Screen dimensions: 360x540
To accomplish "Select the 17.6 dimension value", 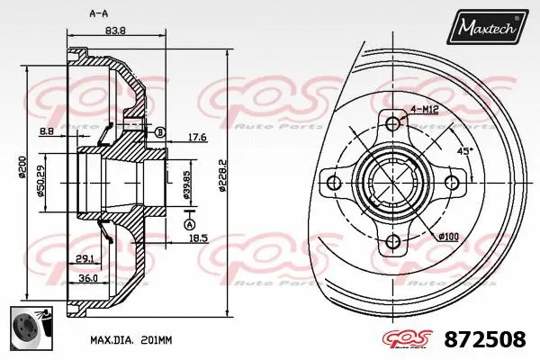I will pos(197,138).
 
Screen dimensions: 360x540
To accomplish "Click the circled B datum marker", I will pos(160,133).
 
